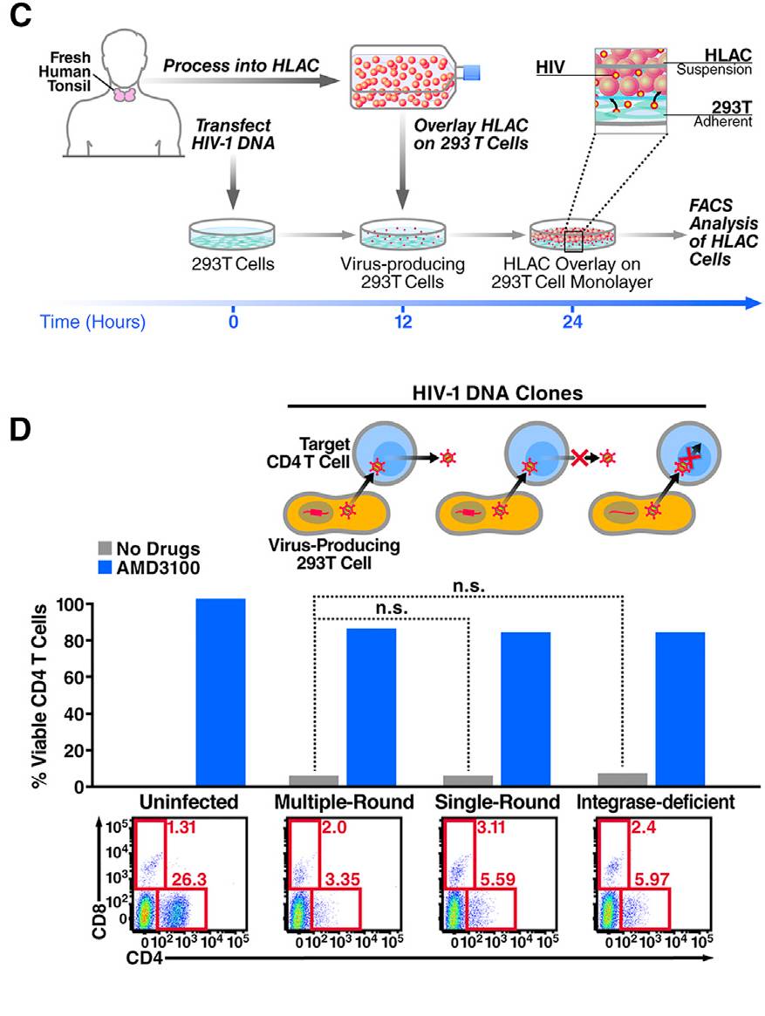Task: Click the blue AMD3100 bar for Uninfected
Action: tap(221, 692)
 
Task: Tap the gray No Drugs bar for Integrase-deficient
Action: tap(622, 780)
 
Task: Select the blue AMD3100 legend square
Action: tap(104, 568)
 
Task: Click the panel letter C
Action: tap(18, 19)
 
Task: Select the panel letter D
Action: tap(18, 432)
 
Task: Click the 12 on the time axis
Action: tap(402, 320)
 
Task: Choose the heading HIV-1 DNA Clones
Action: tap(496, 393)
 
